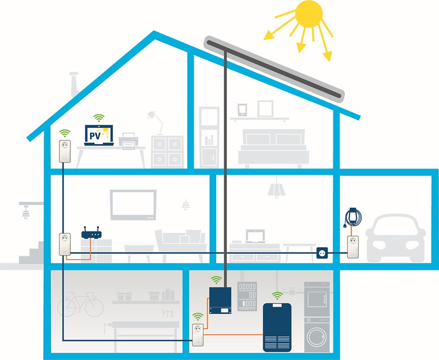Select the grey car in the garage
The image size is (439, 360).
(x=396, y=239)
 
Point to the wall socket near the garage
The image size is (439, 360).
(x=321, y=254)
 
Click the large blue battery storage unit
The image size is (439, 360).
(x=278, y=326)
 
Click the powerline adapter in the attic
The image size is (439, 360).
(x=65, y=151)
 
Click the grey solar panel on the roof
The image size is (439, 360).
(x=275, y=68)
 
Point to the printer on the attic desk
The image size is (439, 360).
(x=129, y=142)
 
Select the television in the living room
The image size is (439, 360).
(x=133, y=205)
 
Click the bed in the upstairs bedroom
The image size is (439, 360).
(x=273, y=147)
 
